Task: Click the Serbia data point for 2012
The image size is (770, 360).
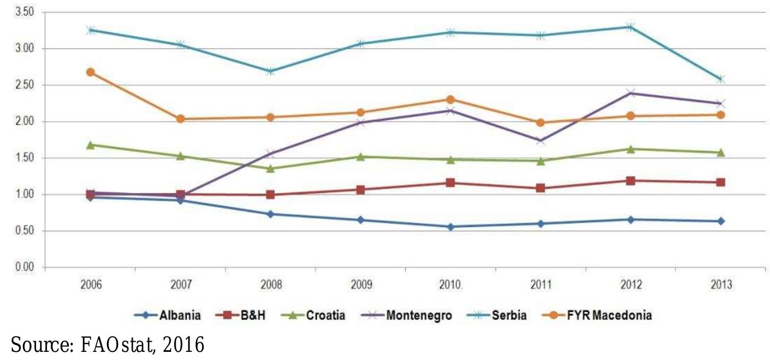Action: [630, 26]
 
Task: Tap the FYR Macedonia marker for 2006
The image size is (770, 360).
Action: [91, 72]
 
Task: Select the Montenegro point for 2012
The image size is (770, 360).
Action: [630, 93]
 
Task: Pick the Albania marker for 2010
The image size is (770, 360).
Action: [451, 227]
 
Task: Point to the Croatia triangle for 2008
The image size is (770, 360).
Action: [270, 169]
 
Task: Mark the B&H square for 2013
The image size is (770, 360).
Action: [721, 182]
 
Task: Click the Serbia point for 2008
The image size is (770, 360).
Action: [270, 71]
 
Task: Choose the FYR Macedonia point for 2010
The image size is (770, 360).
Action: [451, 100]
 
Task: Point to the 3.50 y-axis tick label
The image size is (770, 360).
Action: [25, 12]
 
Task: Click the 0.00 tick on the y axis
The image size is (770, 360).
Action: [25, 267]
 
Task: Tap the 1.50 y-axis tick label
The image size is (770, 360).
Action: [25, 158]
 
